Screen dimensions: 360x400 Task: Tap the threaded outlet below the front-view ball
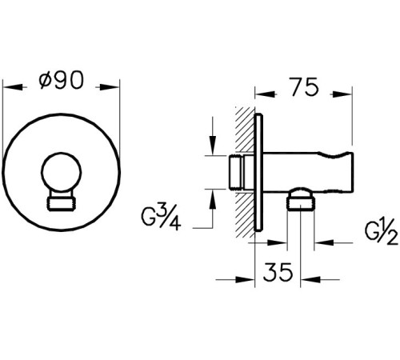coord(62,202)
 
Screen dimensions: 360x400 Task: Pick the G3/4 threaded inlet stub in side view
coord(237,171)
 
